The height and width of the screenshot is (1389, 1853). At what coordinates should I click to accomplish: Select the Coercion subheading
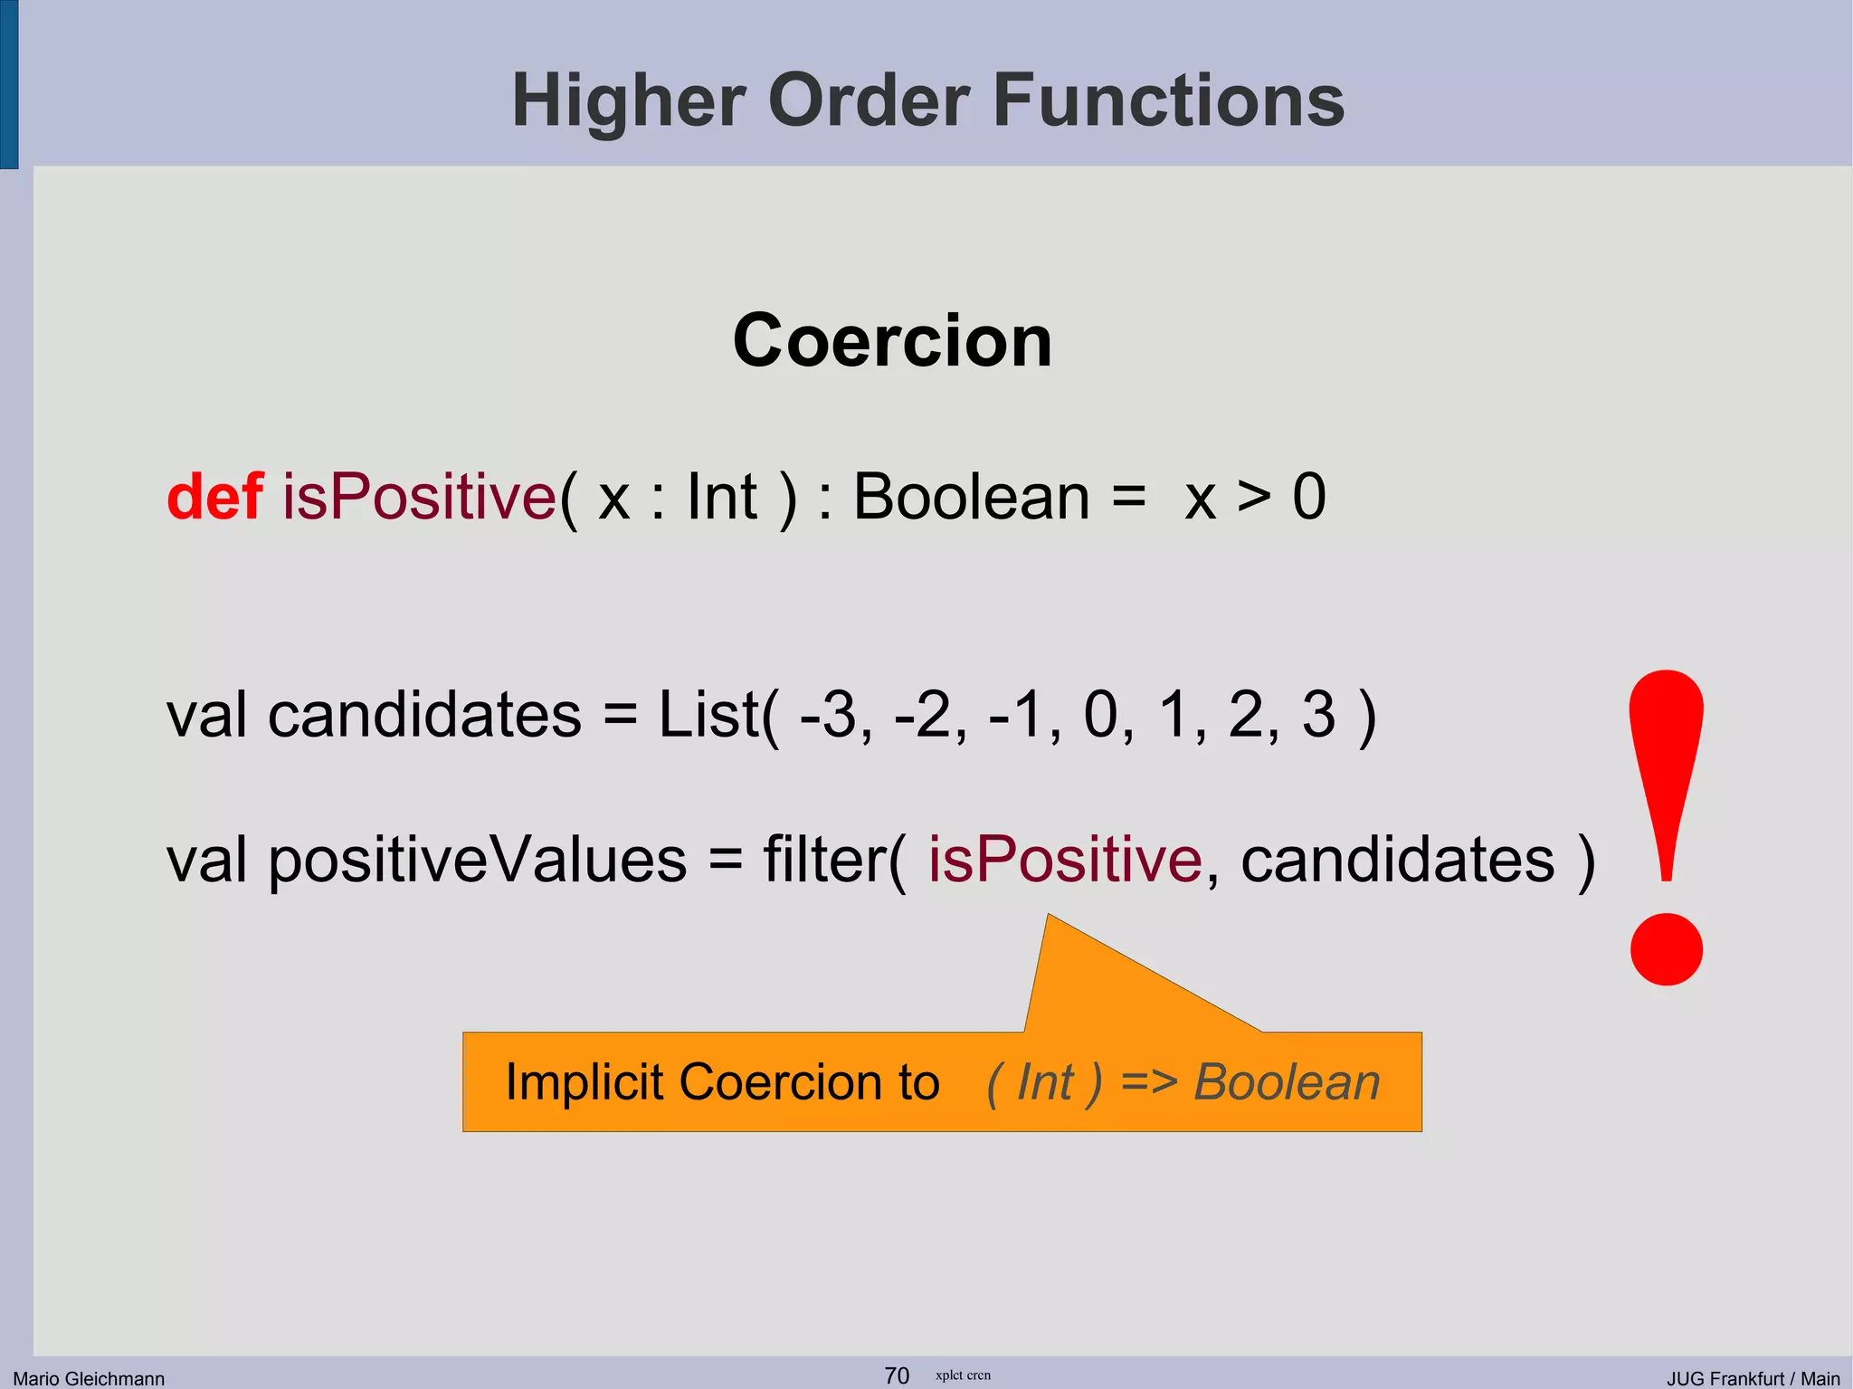(892, 340)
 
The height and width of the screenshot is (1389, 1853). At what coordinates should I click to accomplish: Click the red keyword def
(215, 497)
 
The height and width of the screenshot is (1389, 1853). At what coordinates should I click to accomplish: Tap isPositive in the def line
(419, 497)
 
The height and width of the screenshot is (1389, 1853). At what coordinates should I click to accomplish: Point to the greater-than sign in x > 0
(1254, 497)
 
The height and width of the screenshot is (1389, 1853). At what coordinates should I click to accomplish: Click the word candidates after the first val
(424, 715)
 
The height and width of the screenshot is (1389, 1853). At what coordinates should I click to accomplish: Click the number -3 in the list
(829, 715)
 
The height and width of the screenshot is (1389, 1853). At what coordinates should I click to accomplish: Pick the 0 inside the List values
(1101, 715)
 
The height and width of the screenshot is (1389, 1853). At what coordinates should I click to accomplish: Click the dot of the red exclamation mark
(1666, 949)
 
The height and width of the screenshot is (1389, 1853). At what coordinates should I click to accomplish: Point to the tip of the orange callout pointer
(1049, 917)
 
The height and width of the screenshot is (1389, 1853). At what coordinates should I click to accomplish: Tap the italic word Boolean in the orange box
(1286, 1082)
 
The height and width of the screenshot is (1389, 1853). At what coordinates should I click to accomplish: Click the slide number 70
(896, 1375)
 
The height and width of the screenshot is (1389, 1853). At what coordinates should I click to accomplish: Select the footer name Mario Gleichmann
(89, 1378)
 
